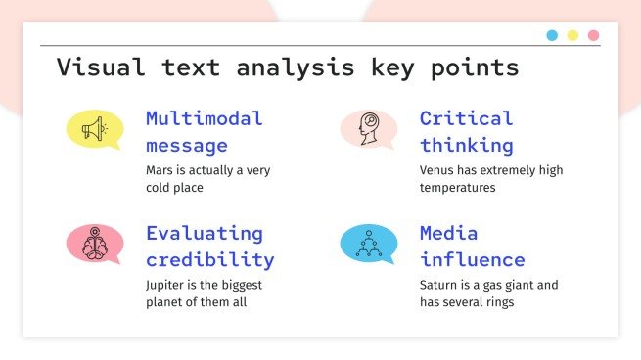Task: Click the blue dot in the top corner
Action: (552, 35)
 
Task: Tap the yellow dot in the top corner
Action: (572, 35)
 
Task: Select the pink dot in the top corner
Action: (593, 35)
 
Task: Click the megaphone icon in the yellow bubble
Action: (93, 128)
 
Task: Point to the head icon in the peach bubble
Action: (367, 128)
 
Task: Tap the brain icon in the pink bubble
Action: (93, 243)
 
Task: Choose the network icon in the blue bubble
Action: (367, 243)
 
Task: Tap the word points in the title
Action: (474, 68)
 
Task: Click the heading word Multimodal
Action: (205, 119)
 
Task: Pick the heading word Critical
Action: (467, 119)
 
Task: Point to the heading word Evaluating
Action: (205, 234)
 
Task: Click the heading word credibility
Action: (210, 260)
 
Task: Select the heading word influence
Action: (473, 260)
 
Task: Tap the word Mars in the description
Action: (159, 170)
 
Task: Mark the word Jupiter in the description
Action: (165, 285)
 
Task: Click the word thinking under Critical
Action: (467, 146)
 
